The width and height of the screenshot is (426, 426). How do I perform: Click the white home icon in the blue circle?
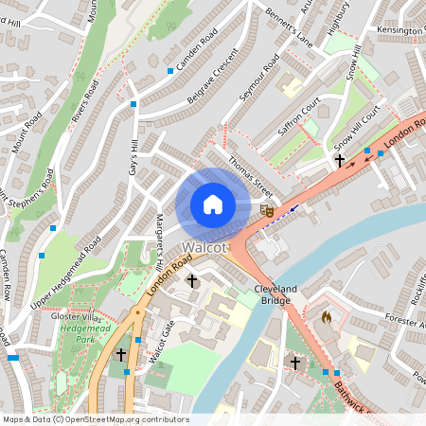213,204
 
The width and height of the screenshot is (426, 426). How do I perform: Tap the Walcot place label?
205,248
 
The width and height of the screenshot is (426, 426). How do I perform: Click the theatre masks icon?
268,211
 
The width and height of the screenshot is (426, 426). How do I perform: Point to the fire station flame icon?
327,317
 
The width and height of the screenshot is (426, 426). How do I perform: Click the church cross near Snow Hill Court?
340,161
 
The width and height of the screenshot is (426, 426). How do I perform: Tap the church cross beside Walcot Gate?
120,354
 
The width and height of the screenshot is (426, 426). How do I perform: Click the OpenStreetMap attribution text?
96,419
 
